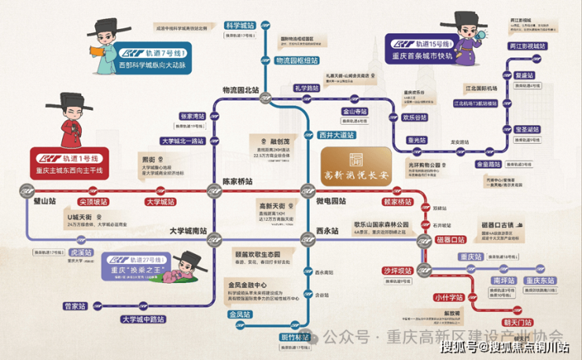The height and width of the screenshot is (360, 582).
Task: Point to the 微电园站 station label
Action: click(x=332, y=202)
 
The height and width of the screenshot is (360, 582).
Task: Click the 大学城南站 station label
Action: click(x=192, y=231)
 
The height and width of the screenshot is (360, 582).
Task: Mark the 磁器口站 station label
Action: click(x=451, y=239)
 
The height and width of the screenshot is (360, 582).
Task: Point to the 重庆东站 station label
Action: click(x=540, y=280)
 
